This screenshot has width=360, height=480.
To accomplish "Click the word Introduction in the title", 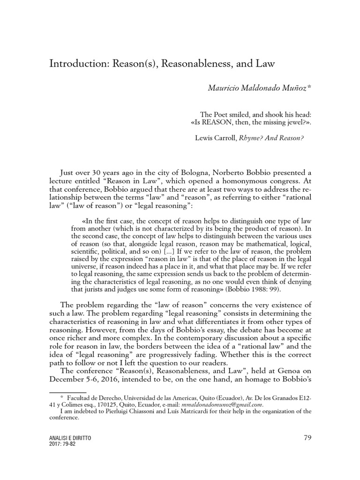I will tap(77, 64).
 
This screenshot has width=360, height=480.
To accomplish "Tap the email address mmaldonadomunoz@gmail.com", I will tap(219, 405).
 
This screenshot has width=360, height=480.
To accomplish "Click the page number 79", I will tap(307, 438).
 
